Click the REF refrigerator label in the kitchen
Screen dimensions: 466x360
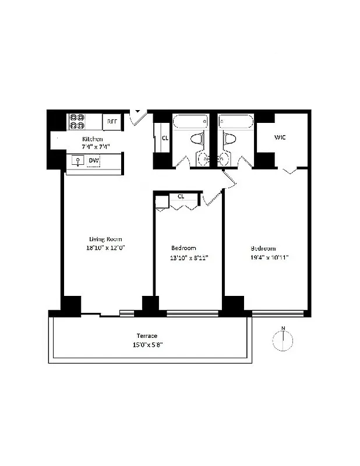coord(111,123)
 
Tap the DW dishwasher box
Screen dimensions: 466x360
coord(93,161)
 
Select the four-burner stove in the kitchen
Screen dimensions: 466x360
coord(77,121)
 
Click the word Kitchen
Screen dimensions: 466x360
coord(93,139)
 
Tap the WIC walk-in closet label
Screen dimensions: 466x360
coord(280,137)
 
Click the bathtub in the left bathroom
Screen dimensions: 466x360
coord(190,122)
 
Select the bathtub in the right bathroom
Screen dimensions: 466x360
coord(235,122)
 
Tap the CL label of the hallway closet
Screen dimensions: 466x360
coord(165,138)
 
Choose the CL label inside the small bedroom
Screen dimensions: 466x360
coord(181,196)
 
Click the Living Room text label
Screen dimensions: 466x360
coord(105,239)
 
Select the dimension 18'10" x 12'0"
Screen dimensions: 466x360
coord(105,248)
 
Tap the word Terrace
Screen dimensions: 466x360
coord(147,336)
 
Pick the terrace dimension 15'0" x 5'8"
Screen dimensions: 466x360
coord(147,344)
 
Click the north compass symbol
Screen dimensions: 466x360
coord(283,340)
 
